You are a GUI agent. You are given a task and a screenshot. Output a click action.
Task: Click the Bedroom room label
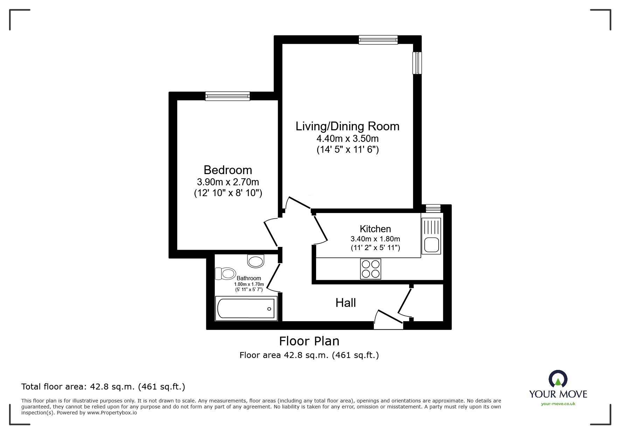pyautogui.click(x=228, y=170)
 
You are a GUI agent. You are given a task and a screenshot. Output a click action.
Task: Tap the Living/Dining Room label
pyautogui.click(x=347, y=126)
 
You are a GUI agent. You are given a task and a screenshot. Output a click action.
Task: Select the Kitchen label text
pyautogui.click(x=375, y=229)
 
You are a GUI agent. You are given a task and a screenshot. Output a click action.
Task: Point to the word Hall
pyautogui.click(x=346, y=303)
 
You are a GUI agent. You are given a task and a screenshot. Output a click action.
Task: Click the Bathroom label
pyautogui.click(x=249, y=278)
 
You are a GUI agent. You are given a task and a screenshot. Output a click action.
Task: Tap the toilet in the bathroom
pyautogui.click(x=225, y=274)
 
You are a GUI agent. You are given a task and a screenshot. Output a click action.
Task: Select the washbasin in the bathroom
pyautogui.click(x=256, y=261)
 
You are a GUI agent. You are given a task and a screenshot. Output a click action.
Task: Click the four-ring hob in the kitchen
pyautogui.click(x=370, y=269)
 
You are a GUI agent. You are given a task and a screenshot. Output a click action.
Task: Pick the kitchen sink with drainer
pyautogui.click(x=431, y=235)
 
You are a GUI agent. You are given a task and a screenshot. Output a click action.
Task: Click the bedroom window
pyautogui.click(x=228, y=96)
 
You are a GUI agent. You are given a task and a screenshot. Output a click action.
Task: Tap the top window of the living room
pyautogui.click(x=378, y=40)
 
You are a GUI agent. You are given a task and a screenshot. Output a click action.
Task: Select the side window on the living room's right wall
pyautogui.click(x=417, y=63)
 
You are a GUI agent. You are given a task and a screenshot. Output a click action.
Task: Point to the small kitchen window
pyautogui.click(x=433, y=208)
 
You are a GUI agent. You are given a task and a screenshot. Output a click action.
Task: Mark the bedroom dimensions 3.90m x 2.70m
pyautogui.click(x=228, y=182)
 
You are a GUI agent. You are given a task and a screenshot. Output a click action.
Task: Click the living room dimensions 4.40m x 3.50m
pyautogui.click(x=347, y=139)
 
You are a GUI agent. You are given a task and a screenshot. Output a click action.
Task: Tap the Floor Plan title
pyautogui.click(x=309, y=341)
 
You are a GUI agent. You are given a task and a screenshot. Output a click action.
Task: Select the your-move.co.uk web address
pyautogui.click(x=558, y=404)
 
